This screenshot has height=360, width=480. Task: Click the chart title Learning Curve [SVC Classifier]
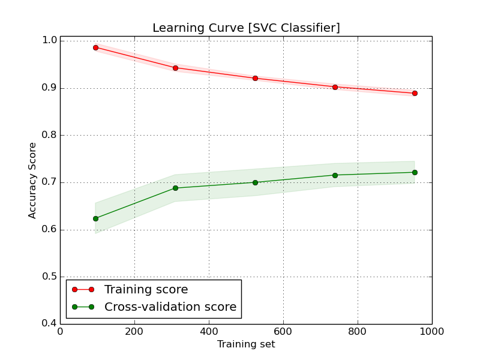[x=246, y=28]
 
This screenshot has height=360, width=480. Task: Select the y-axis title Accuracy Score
[x=32, y=180]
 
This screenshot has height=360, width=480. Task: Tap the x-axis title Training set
[x=246, y=344]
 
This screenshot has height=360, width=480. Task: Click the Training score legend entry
[x=146, y=290]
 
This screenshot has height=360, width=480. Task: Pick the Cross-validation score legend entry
[x=170, y=307]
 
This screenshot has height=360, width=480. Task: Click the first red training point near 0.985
[x=95, y=47]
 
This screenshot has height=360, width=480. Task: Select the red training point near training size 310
[x=175, y=68]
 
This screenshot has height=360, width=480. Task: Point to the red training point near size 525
[x=255, y=78]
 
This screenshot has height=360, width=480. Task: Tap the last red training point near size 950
[x=415, y=93]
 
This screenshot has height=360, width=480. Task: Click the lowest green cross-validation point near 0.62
[x=95, y=218]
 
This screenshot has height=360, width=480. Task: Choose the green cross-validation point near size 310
[x=175, y=188]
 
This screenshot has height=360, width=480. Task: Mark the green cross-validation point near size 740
[x=335, y=175]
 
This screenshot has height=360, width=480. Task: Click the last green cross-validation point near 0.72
[x=415, y=172]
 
